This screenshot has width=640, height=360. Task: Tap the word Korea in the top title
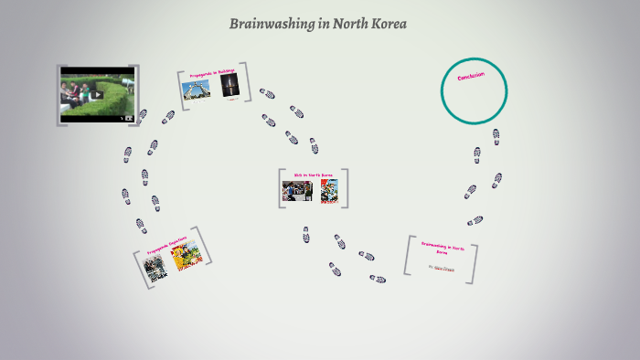[x=388, y=24]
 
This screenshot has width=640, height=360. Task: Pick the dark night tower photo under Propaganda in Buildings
[x=228, y=88]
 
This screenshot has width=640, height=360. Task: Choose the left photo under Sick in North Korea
[x=297, y=191]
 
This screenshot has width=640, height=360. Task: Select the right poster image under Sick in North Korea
[x=329, y=191]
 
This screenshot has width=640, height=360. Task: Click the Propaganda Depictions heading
[x=166, y=246]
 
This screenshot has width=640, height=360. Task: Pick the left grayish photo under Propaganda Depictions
[x=155, y=268]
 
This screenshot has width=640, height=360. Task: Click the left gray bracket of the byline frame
[x=408, y=257]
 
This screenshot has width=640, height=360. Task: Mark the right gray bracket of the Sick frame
[x=347, y=188]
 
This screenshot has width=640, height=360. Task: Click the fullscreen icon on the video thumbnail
[x=129, y=117]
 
